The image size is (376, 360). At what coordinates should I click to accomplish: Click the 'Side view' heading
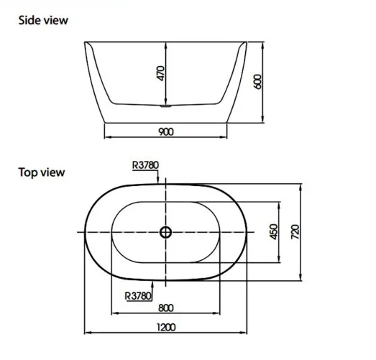tap(43, 20)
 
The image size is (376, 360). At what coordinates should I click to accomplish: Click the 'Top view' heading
tap(42, 172)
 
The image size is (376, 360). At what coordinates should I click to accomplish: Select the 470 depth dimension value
tap(160, 73)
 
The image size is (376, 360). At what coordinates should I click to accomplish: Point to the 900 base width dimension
tap(165, 131)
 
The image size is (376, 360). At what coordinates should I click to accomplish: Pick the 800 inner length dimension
tap(165, 308)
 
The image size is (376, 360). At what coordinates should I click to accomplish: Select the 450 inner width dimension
tap(272, 231)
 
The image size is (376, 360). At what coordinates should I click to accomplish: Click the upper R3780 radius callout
tap(146, 164)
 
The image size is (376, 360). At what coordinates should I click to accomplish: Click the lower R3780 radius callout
tap(137, 295)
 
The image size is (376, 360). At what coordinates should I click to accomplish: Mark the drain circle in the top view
tap(165, 232)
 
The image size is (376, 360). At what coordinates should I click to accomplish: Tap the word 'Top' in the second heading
tap(29, 172)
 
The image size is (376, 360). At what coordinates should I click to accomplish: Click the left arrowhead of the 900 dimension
tap(108, 137)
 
